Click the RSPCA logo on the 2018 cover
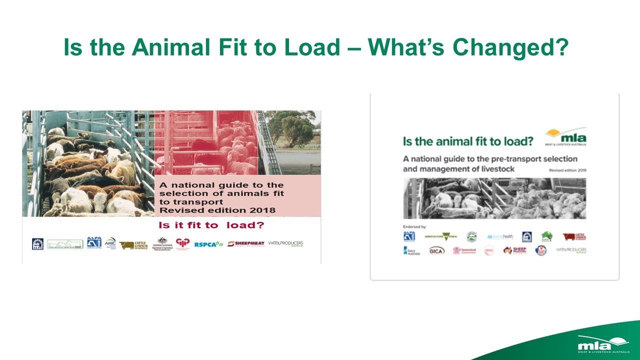(x=208, y=244)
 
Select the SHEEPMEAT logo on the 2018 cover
(x=245, y=244)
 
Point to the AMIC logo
(x=110, y=242)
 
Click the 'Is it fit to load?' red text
(x=211, y=225)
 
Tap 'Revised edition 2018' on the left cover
(x=217, y=209)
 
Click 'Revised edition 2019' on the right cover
(x=567, y=170)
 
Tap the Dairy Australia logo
(x=411, y=250)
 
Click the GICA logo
(x=436, y=250)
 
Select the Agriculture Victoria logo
(x=440, y=236)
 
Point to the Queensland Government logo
(x=464, y=250)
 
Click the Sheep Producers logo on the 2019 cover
(x=514, y=250)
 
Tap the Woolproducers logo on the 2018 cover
(x=285, y=243)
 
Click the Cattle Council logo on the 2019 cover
(x=574, y=236)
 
